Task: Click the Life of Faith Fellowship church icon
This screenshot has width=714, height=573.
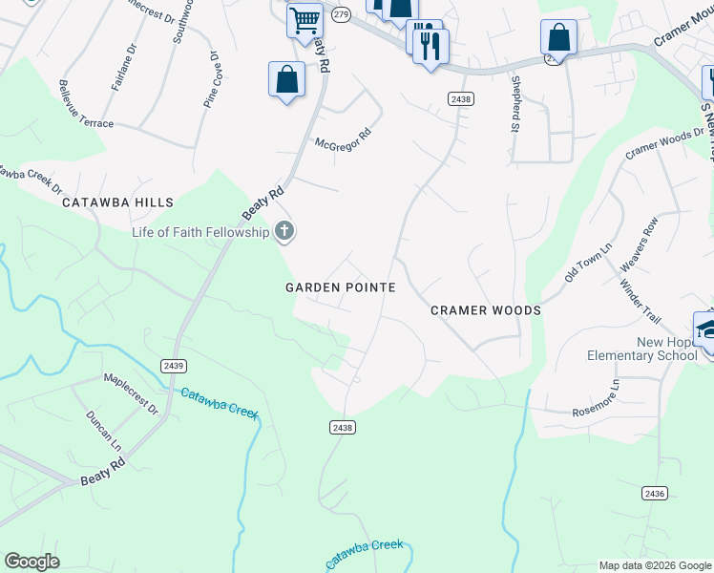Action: (x=283, y=230)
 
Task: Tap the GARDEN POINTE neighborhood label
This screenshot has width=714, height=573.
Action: (x=341, y=286)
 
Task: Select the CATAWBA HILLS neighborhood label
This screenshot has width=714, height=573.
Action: (x=118, y=202)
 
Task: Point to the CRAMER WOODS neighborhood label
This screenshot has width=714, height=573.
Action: (x=486, y=310)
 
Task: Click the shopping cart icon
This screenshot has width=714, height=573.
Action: (x=304, y=20)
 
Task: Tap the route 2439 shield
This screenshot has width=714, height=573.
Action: (x=173, y=365)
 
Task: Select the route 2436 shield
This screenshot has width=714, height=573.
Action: (x=654, y=493)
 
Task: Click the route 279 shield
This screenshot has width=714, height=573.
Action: (x=341, y=13)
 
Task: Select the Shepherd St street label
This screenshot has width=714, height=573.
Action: (x=514, y=103)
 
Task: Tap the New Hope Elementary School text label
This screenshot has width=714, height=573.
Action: (x=641, y=349)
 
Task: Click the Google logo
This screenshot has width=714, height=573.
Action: (x=31, y=562)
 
